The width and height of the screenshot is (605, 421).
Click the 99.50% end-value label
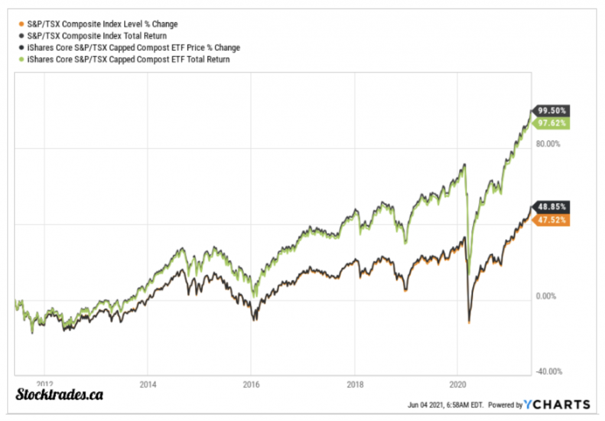552,110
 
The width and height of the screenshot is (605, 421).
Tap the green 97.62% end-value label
552,123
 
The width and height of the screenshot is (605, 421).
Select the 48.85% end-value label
552,207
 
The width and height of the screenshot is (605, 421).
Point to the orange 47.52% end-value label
552,220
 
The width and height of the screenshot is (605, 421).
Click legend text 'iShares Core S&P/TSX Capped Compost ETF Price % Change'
134,48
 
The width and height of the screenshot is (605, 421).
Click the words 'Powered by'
505,405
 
